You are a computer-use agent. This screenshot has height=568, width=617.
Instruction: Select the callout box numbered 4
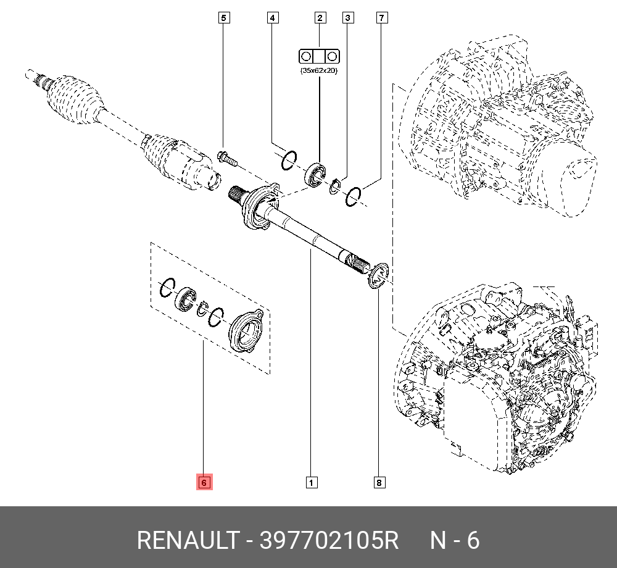(x=271, y=18)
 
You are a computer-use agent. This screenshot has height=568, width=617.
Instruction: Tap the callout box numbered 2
(x=320, y=18)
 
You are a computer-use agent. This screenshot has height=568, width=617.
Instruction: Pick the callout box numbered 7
(x=382, y=18)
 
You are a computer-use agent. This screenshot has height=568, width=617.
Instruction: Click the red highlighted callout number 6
(x=204, y=482)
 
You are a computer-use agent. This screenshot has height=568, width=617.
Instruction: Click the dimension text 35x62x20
(x=319, y=71)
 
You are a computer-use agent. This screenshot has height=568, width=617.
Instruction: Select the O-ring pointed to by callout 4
(x=289, y=161)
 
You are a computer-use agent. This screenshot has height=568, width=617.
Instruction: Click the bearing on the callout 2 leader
(x=315, y=173)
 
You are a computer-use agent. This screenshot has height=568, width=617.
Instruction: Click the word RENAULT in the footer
(x=186, y=541)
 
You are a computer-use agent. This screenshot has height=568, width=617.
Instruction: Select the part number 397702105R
(x=329, y=541)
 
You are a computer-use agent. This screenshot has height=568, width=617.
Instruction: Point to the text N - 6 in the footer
(x=454, y=541)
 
